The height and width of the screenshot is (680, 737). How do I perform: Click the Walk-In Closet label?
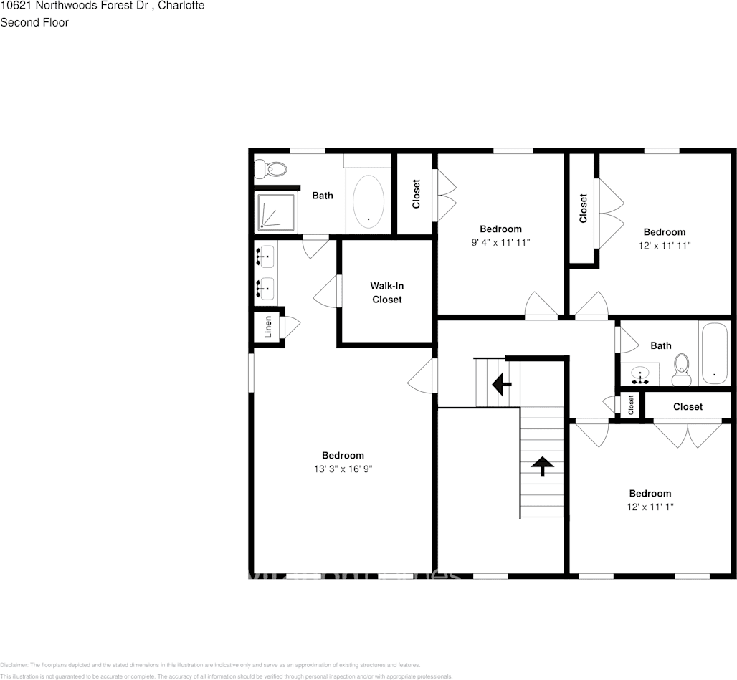pyautogui.click(x=386, y=292)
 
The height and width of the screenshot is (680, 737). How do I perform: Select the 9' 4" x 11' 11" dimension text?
pyautogui.click(x=500, y=242)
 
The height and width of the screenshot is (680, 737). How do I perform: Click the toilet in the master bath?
pyautogui.click(x=271, y=170)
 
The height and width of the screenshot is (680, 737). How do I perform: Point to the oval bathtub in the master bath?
pyautogui.click(x=368, y=202)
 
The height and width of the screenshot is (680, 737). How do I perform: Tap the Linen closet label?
pyautogui.click(x=268, y=327)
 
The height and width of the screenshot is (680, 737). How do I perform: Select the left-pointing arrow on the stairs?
pyautogui.click(x=501, y=385)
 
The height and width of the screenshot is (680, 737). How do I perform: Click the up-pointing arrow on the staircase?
pyautogui.click(x=542, y=466)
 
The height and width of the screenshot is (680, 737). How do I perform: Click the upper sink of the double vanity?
pyautogui.click(x=265, y=254)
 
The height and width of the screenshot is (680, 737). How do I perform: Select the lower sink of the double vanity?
pyautogui.click(x=265, y=287)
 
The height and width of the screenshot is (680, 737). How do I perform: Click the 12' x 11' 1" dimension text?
pyautogui.click(x=650, y=507)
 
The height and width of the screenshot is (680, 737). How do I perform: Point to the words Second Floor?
pyautogui.click(x=34, y=22)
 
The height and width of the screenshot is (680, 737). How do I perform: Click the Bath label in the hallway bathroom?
pyautogui.click(x=660, y=345)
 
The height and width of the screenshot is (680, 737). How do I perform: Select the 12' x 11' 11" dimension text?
pyautogui.click(x=664, y=245)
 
